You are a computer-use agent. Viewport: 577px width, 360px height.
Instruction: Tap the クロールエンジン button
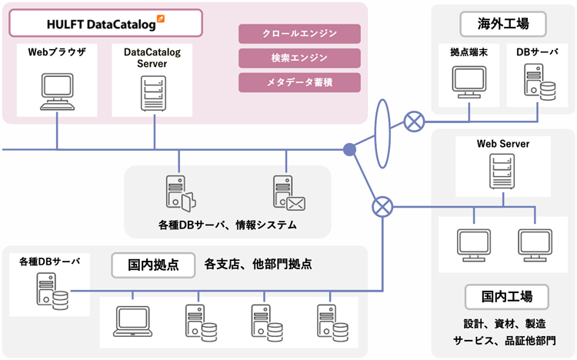(299, 34)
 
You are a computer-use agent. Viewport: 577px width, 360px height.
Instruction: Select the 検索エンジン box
(299, 58)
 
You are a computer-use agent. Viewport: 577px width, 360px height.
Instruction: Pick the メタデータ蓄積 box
(299, 82)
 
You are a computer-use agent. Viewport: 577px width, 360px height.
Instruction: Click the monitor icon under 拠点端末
(469, 82)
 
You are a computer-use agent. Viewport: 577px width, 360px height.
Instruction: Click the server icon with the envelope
(288, 194)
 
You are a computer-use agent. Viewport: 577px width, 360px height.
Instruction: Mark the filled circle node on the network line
(349, 149)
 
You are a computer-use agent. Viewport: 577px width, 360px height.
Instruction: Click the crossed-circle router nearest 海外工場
(415, 120)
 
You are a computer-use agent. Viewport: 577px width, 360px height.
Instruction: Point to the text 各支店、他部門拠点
(258, 265)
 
